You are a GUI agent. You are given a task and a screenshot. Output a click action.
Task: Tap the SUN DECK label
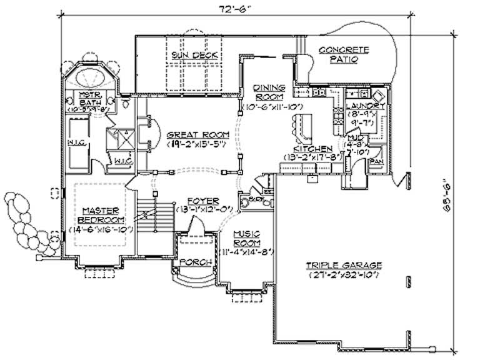195,56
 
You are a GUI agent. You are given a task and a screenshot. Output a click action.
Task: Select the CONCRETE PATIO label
344,55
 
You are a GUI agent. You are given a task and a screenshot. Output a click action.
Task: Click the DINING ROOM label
269,92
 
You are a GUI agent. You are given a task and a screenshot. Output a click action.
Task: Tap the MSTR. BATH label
91,98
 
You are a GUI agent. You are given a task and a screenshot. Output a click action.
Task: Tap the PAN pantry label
377,161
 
